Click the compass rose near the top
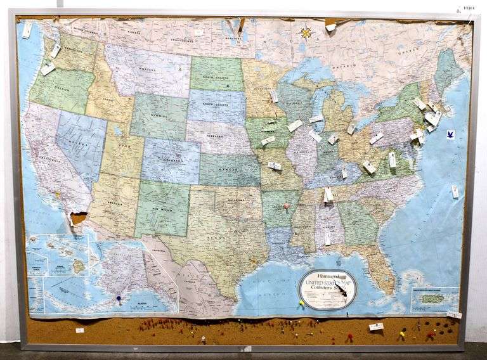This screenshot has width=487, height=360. coord(306,32)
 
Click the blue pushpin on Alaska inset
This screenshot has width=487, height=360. coord(119,297)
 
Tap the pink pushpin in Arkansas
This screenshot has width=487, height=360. coord(286,206)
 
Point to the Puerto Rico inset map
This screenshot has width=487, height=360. coord(435,298)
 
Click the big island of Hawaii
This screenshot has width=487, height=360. coord(79,266)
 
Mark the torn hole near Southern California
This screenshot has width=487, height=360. coord(77,217)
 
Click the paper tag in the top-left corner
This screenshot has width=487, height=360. coord(27,30)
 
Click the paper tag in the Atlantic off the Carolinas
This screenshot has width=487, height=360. coord(455,191)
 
